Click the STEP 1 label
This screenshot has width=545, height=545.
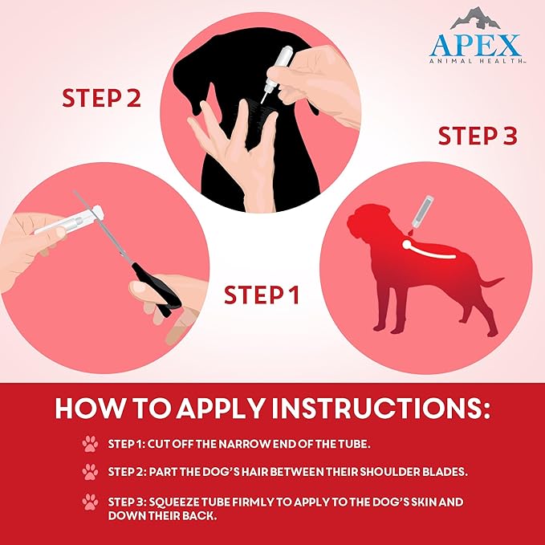point(261,295)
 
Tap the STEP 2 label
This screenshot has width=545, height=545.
point(102,99)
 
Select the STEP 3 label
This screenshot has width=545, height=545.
point(477,136)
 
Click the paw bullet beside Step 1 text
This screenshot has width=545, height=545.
point(89,443)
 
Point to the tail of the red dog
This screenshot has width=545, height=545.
point(488,283)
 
